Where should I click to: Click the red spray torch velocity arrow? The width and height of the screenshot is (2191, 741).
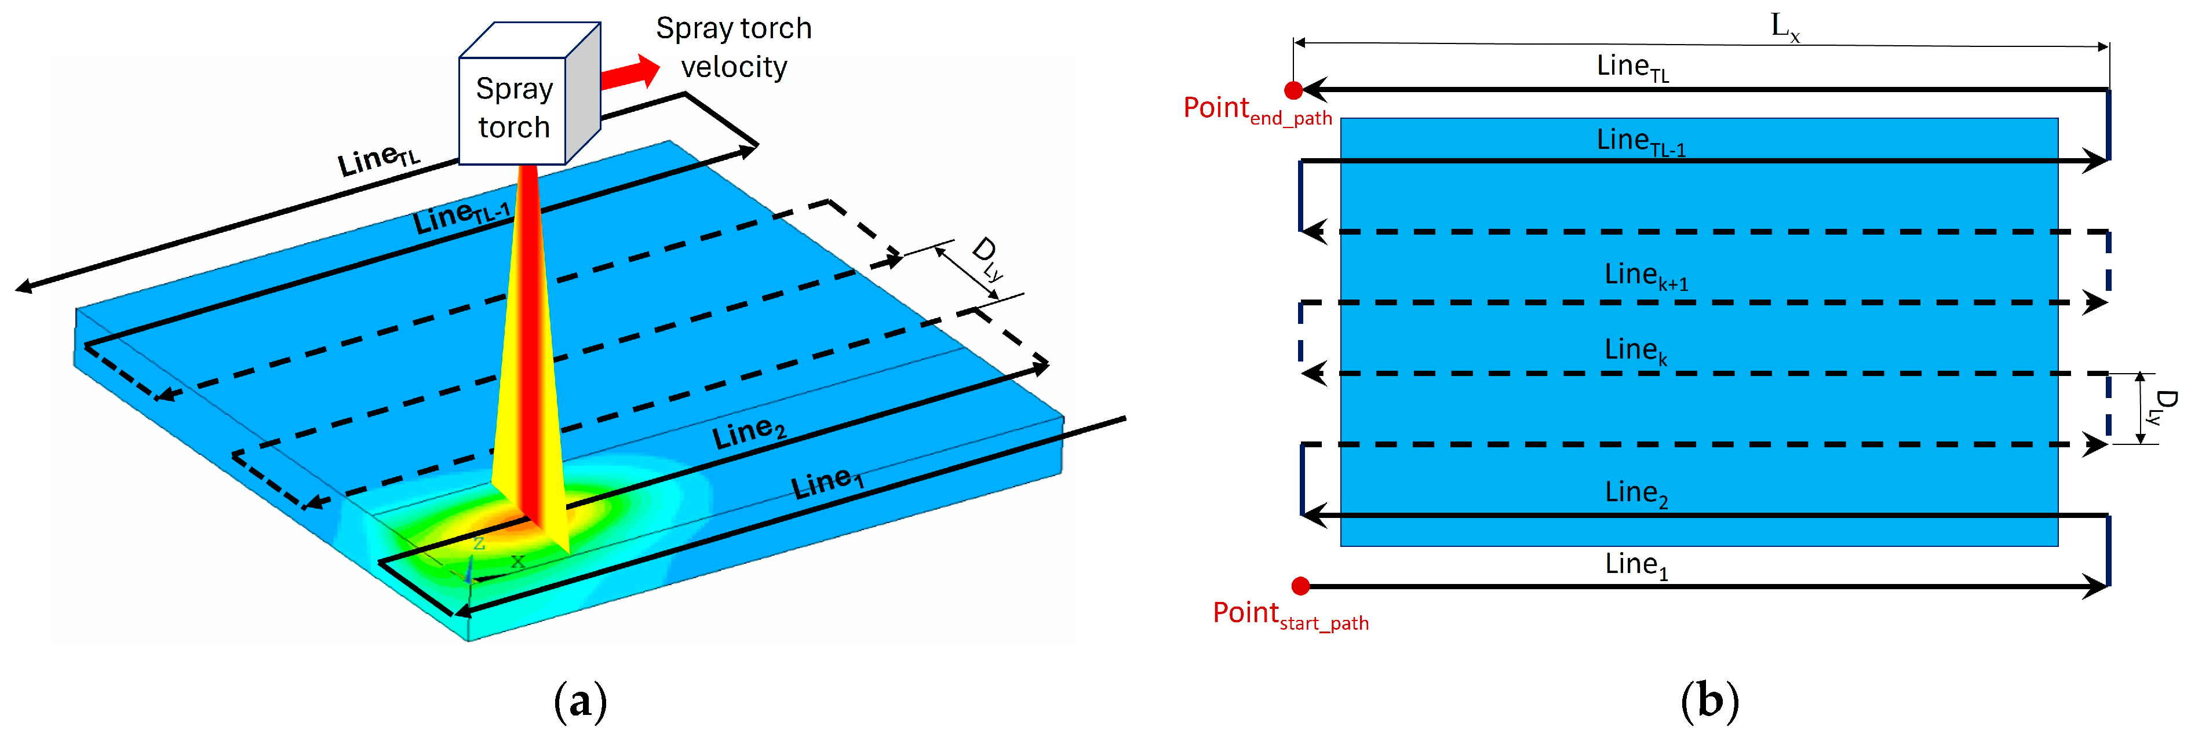pos(631,73)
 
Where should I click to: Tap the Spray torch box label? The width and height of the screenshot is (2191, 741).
pos(514,108)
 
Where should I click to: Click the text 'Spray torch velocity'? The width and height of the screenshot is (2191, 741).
pos(733,47)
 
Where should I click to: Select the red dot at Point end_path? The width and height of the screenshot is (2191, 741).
pos(1293,90)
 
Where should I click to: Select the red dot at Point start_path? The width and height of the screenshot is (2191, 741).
pos(1300,585)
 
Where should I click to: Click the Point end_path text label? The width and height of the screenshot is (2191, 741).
pos(1257,111)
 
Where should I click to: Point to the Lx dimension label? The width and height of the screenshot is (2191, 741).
pos(1784,27)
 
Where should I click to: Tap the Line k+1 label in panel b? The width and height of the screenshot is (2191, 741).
pos(1646,276)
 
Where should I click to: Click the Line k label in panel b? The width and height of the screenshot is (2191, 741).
pos(1635,351)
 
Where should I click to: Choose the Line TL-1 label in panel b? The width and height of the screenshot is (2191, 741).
pos(1640,141)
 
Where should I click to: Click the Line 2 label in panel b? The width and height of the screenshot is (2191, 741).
pos(1636,494)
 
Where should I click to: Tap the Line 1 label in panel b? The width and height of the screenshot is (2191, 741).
pos(1636,565)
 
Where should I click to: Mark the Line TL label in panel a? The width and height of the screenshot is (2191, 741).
pos(378,160)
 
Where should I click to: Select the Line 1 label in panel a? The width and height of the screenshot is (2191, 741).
pos(827,483)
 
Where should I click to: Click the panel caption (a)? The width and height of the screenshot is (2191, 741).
pos(580,702)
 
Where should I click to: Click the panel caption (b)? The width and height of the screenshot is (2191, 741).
pos(1709,702)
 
